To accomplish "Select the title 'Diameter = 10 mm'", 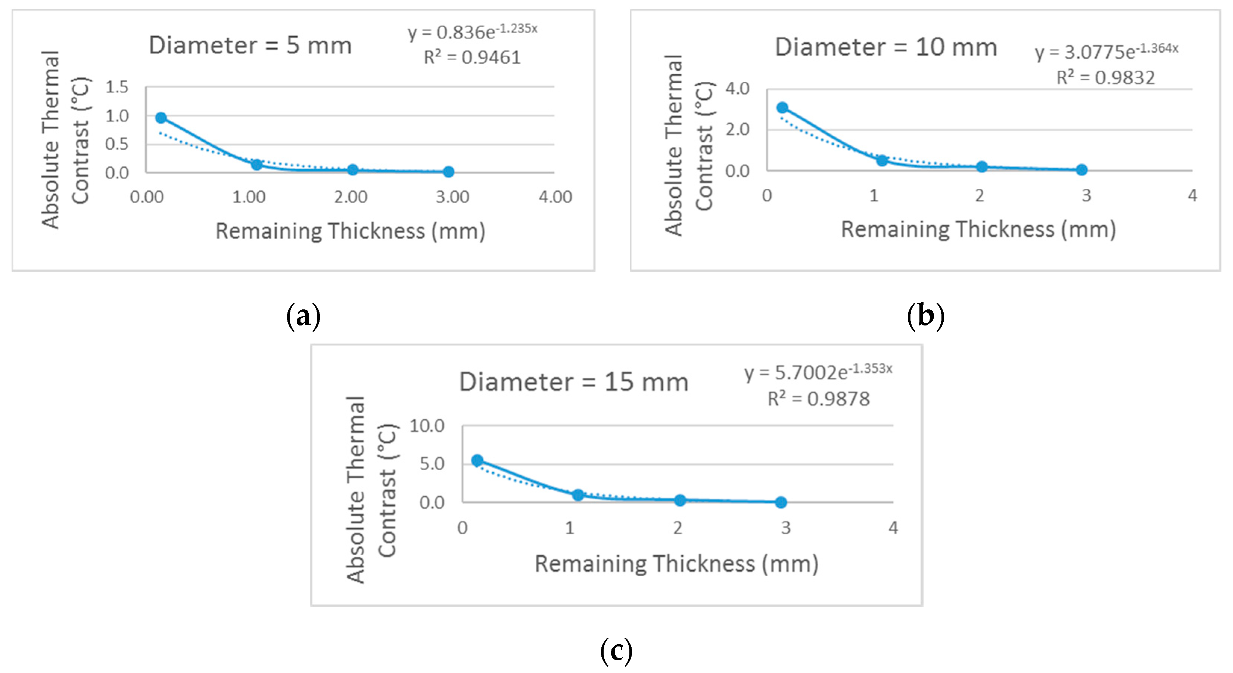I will click(885, 47).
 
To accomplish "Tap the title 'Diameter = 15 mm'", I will click(573, 382).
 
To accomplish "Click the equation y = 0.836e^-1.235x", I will click(473, 32).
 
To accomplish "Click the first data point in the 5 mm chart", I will click(161, 118).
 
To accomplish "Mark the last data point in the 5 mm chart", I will click(448, 172).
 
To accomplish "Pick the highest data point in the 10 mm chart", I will click(782, 108).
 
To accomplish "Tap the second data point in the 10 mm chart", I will click(882, 160).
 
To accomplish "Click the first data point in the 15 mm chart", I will click(477, 460).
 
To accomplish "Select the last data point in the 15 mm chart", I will click(781, 502).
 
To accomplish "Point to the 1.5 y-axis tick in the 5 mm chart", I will click(117, 87).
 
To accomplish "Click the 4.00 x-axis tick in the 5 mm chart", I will click(555, 197).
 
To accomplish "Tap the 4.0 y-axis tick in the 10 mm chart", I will click(737, 89).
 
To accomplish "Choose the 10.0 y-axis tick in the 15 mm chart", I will click(427, 426).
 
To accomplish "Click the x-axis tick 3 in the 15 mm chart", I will click(785, 528).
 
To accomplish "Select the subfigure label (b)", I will click(925, 316).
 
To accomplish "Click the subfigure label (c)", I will click(616, 651).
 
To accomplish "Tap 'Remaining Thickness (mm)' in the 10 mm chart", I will click(978, 229).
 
